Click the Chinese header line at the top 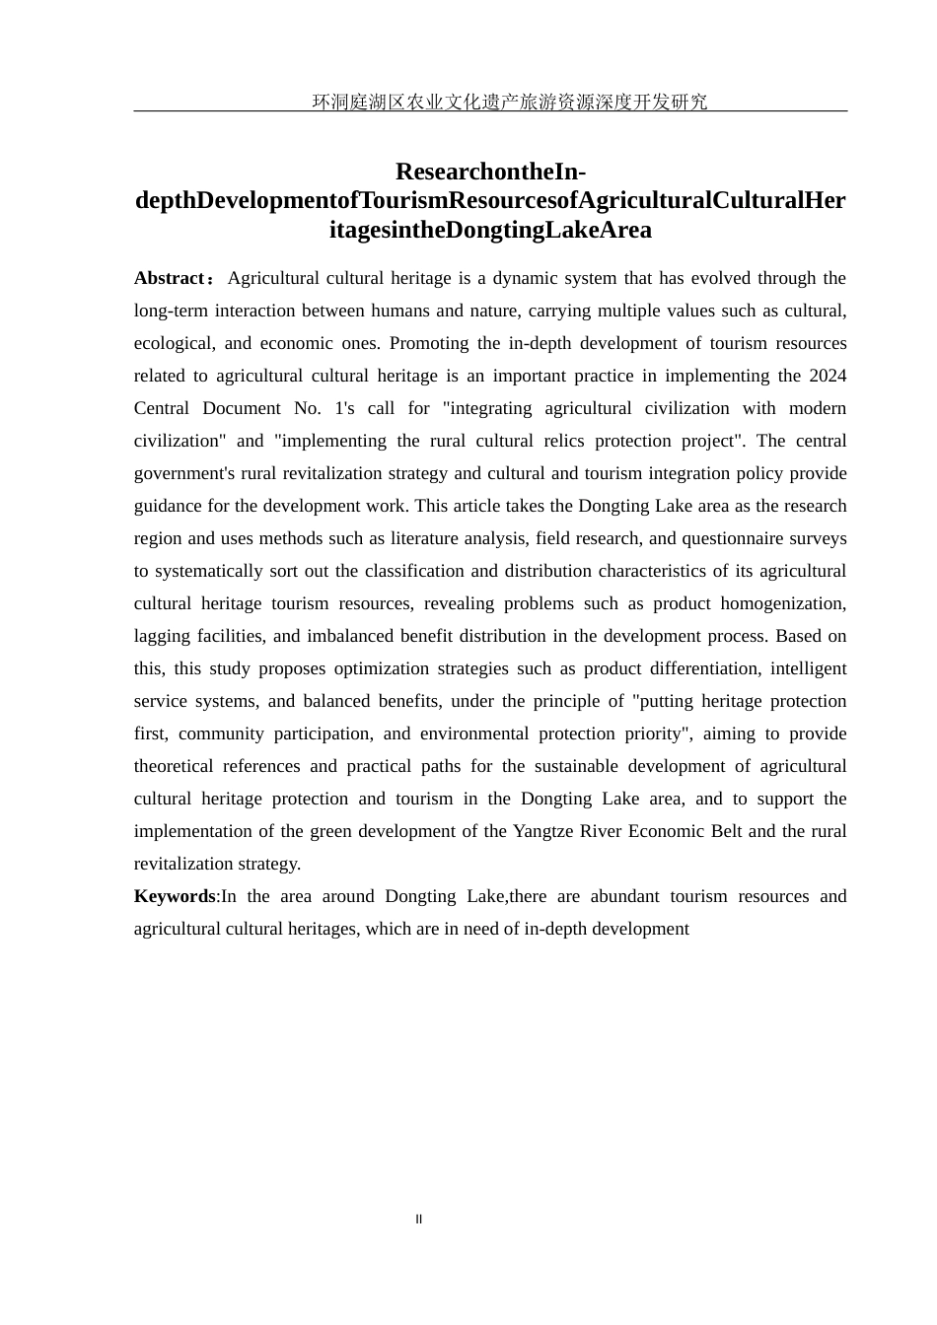(x=509, y=102)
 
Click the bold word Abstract (x=169, y=279)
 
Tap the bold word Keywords (x=175, y=896)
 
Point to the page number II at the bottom (x=419, y=1220)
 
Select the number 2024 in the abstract (x=828, y=376)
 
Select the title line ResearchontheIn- (x=490, y=172)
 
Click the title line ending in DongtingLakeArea (x=490, y=231)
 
